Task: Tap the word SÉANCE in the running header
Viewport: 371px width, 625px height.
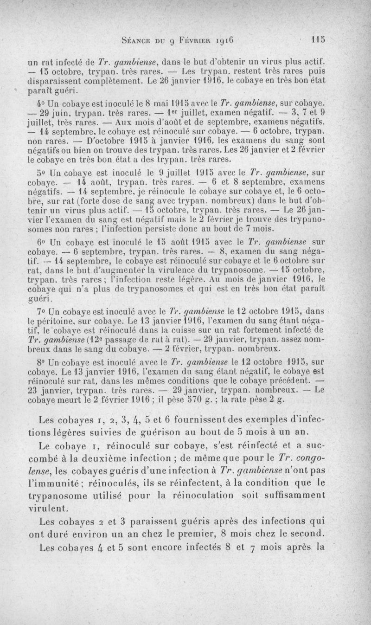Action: coord(137,40)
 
